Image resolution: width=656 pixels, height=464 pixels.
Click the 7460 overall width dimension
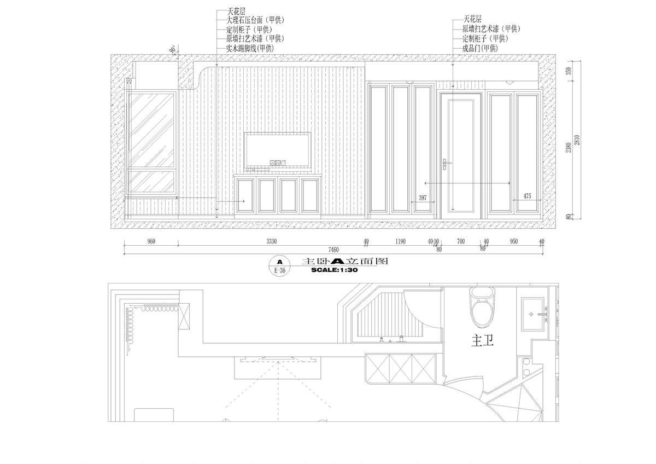coord(333,250)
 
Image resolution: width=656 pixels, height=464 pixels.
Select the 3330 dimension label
coord(272,241)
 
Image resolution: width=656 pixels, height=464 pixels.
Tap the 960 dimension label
coord(151,241)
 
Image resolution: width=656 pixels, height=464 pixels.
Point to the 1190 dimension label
coord(400,241)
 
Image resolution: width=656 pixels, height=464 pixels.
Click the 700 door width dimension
coord(461,241)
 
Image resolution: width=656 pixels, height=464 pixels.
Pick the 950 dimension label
coord(514,241)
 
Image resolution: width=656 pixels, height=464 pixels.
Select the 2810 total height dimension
coord(577,140)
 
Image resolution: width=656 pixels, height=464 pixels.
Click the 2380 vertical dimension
coord(569,148)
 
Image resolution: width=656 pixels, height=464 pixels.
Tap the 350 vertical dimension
coord(569,71)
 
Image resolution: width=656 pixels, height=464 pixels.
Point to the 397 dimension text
coord(423,198)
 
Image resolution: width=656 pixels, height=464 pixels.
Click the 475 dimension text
coord(527,196)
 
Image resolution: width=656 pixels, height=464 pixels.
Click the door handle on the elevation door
coord(446,164)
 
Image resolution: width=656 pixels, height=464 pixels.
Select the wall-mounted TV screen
coord(278,151)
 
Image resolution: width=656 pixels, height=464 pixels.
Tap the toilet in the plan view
coord(482,307)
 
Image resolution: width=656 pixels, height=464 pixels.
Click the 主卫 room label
coord(482,341)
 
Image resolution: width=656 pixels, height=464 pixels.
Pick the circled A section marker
coord(280,266)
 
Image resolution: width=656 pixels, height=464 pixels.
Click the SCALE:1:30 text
coord(335,270)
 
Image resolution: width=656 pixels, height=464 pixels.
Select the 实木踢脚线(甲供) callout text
coord(250,48)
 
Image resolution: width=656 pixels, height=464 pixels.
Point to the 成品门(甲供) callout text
coord(480,48)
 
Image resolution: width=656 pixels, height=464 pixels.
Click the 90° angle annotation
coord(173,50)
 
